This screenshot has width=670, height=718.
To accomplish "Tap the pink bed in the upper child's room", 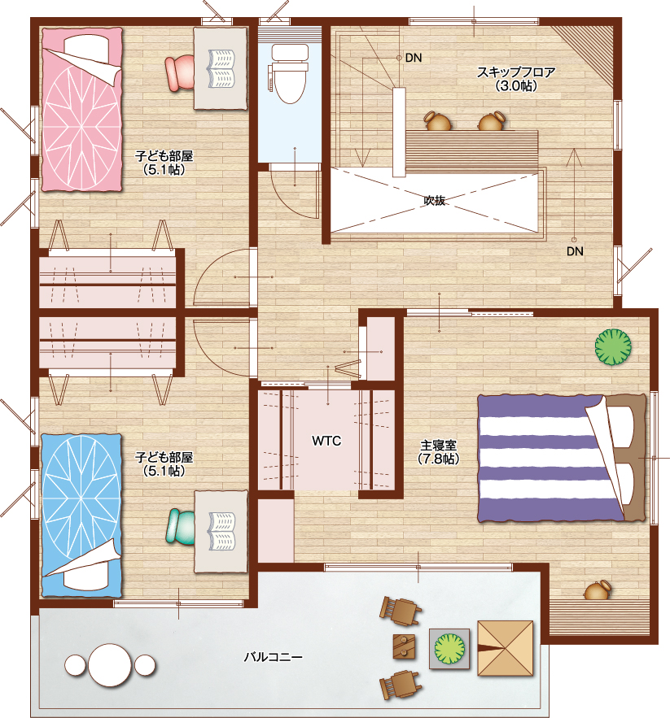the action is tap(82, 110).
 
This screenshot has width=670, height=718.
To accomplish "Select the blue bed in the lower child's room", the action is tap(82, 516).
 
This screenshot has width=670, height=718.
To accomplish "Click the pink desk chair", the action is tap(180, 72).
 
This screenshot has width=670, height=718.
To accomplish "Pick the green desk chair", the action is tap(180, 528).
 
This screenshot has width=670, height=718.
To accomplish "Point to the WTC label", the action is tap(326, 441).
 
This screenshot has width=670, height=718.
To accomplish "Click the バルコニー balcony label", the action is tap(273, 657).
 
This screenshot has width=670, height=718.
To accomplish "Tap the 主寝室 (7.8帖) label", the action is tap(439, 452).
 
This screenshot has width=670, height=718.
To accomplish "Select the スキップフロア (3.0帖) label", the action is tap(516, 79).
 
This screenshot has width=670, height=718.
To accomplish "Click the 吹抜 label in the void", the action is tap(434, 200).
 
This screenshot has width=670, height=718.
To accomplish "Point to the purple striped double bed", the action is tap(562, 458).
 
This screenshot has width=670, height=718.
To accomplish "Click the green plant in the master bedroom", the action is tap(613, 347).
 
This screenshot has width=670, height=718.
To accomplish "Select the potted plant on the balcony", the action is tap(449, 648).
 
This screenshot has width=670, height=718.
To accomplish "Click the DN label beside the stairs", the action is tap(414, 58).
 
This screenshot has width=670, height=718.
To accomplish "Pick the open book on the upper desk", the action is tap(222, 68).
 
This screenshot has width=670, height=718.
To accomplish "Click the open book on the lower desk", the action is tap(222, 531).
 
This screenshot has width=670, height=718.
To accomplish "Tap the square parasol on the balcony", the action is tap(506, 648).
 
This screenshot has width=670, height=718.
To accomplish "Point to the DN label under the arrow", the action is tap(575, 251).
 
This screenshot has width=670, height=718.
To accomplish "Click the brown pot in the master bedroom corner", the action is tap(598, 590).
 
